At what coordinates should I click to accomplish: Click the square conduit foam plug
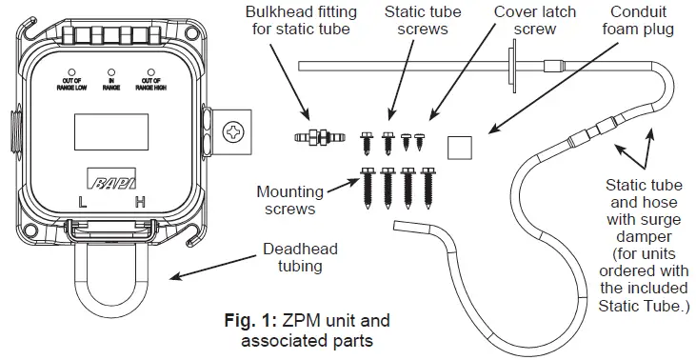click(x=461, y=147)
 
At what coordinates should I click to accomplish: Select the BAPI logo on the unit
click(x=111, y=181)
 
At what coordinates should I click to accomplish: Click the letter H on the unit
click(x=140, y=203)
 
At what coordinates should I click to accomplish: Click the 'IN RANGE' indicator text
click(x=112, y=81)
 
